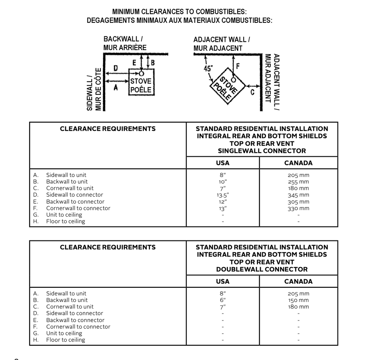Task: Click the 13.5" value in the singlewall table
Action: tap(223, 195)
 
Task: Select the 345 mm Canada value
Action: tap(298, 195)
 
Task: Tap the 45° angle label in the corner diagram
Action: tap(209, 68)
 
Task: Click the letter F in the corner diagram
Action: tap(238, 66)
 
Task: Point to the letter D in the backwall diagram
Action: tap(116, 68)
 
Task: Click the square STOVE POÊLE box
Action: tap(141, 85)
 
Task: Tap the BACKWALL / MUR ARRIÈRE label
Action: tap(125, 43)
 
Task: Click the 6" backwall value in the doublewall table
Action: tap(223, 300)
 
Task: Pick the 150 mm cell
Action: tap(298, 300)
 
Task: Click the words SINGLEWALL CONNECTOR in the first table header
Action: tap(262, 151)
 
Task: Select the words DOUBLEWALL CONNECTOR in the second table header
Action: tap(262, 269)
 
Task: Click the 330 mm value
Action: tap(298, 208)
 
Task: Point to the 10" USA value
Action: tap(223, 181)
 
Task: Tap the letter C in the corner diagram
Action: tap(252, 92)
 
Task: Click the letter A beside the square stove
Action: tap(116, 87)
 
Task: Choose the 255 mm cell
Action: tap(298, 181)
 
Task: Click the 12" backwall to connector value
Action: tap(223, 201)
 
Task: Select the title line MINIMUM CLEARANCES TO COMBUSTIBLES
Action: tap(179, 12)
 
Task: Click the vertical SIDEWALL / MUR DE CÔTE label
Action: tap(93, 89)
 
